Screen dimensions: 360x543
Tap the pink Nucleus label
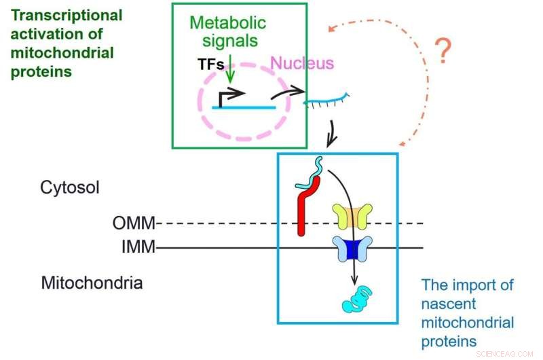click(302, 64)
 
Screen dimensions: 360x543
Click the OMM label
click(134, 223)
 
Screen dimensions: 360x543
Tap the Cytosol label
click(70, 187)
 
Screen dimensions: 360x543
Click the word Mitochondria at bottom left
click(92, 283)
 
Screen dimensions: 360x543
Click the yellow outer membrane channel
click(348, 217)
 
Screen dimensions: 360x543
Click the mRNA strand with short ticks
click(326, 102)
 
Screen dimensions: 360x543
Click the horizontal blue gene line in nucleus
click(244, 107)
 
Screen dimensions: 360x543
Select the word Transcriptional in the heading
click(67, 15)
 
